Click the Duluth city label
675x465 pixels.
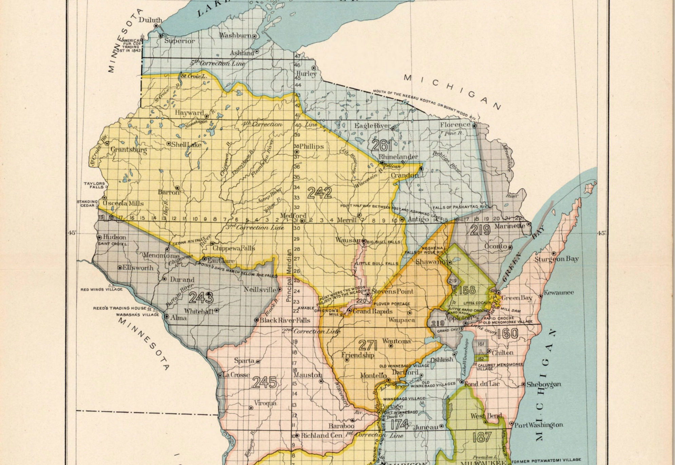(150, 20)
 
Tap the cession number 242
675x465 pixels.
(319, 193)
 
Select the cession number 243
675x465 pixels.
(201, 298)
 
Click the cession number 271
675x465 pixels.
(368, 346)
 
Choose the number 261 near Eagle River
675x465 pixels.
(382, 145)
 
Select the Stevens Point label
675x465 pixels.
(392, 291)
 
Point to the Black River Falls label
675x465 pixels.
(285, 320)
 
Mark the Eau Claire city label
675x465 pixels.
(221, 261)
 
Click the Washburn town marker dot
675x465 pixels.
(254, 36)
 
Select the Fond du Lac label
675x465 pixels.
(482, 384)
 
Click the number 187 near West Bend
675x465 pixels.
(482, 437)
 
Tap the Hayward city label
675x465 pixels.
(189, 113)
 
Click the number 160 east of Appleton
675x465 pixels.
(507, 334)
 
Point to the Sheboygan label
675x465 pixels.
(543, 384)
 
